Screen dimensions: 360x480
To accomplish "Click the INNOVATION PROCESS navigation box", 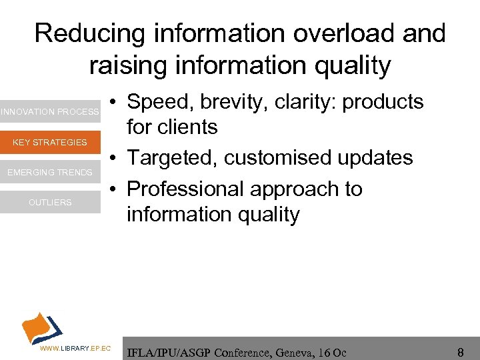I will pyautogui.click(x=50, y=112).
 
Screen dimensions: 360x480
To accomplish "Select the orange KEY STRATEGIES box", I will pyautogui.click(x=50, y=142).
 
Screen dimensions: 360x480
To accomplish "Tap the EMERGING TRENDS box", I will pyautogui.click(x=50, y=173).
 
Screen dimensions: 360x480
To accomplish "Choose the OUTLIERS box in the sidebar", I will pyautogui.click(x=50, y=203).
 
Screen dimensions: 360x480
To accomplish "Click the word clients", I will pyautogui.click(x=190, y=127).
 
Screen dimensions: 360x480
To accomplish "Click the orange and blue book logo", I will pyautogui.click(x=41, y=327).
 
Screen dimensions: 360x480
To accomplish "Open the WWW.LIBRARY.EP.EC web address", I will pyautogui.click(x=75, y=349).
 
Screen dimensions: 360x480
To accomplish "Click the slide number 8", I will pyautogui.click(x=460, y=351).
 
